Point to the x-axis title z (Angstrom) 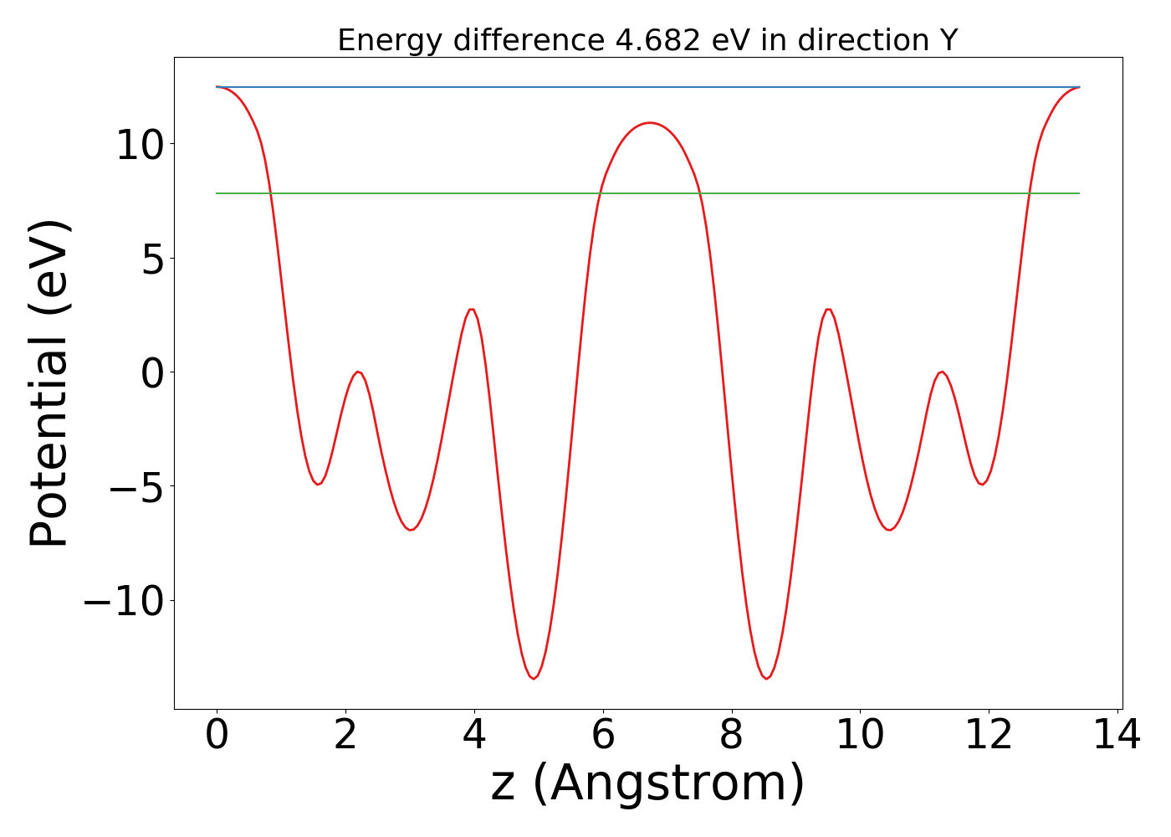pos(647,783)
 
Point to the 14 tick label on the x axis pos(1117,736)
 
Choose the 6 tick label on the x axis pos(603,736)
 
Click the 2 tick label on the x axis pos(345,736)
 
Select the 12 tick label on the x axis pos(989,736)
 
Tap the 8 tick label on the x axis pos(732,736)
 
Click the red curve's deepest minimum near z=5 pos(533,678)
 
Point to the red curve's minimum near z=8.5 pos(766,678)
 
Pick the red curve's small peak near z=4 pos(472,310)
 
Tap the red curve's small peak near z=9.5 pos(828,310)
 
